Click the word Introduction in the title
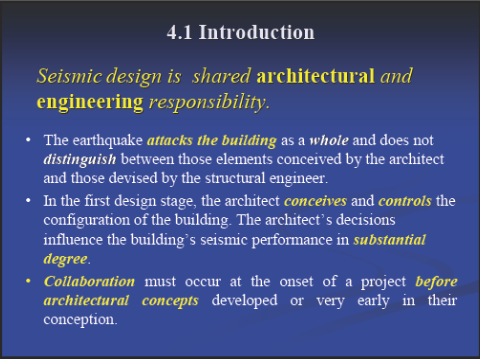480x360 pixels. pyautogui.click(x=257, y=32)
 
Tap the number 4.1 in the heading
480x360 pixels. pyautogui.click(x=179, y=32)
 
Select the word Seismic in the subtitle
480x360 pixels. pyautogui.click(x=69, y=76)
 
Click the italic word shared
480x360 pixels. pyautogui.click(x=221, y=76)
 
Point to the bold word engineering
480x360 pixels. pyautogui.click(x=90, y=102)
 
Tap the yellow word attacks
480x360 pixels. pyautogui.click(x=170, y=140)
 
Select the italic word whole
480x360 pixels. pyautogui.click(x=329, y=140)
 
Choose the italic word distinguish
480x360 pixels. pyautogui.click(x=80, y=160)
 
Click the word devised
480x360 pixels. pyautogui.click(x=133, y=178)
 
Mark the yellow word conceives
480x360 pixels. pyautogui.click(x=315, y=201)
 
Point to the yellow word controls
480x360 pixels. pyautogui.click(x=405, y=201)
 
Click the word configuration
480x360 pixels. pyautogui.click(x=87, y=220)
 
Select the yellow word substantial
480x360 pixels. pyautogui.click(x=389, y=240)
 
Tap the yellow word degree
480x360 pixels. pyautogui.click(x=66, y=259)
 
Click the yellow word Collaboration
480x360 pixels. pyautogui.click(x=89, y=281)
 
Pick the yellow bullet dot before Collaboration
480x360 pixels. pyautogui.click(x=28, y=281)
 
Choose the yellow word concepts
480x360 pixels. pyautogui.click(x=170, y=301)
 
